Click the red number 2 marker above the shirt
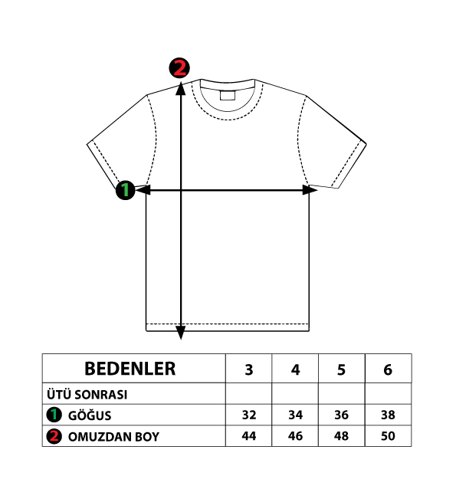click(179, 67)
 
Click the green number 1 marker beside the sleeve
click(126, 190)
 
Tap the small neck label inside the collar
click(228, 95)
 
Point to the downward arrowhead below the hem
click(181, 333)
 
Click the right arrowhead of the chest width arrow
click(310, 190)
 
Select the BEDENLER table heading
click(130, 369)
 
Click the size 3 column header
click(249, 369)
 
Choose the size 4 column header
click(295, 369)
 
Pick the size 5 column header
click(342, 369)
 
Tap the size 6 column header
click(388, 369)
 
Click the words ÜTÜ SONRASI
click(87, 395)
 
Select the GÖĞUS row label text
click(90, 415)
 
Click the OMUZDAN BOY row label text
click(113, 437)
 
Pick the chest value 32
click(249, 415)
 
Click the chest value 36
click(342, 415)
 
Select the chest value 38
click(388, 415)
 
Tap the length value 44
click(249, 436)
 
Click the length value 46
click(295, 436)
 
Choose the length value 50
click(388, 436)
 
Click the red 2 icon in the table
click(54, 436)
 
